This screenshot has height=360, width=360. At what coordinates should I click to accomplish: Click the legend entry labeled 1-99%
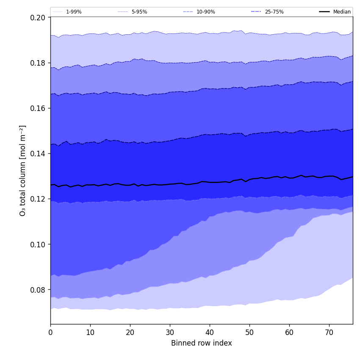click(x=74, y=12)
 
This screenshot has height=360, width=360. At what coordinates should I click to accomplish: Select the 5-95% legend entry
click(x=139, y=12)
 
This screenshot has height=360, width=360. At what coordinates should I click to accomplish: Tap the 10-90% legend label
click(x=205, y=12)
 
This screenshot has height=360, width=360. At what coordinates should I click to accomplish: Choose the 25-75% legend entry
click(x=274, y=12)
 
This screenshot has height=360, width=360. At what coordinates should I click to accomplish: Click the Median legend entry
click(x=342, y=12)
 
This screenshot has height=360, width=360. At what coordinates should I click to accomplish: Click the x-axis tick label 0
click(x=50, y=332)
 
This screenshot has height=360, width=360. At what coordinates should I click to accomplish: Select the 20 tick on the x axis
click(x=130, y=332)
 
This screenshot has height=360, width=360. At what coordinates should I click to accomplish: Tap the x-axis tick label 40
click(x=210, y=332)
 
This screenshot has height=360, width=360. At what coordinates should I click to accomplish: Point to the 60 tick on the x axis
click(x=289, y=332)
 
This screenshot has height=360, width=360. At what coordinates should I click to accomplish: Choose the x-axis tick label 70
click(x=329, y=332)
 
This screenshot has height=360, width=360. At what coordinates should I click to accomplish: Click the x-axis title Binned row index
click(x=202, y=343)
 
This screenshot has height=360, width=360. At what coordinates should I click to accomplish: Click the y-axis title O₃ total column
click(x=23, y=170)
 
